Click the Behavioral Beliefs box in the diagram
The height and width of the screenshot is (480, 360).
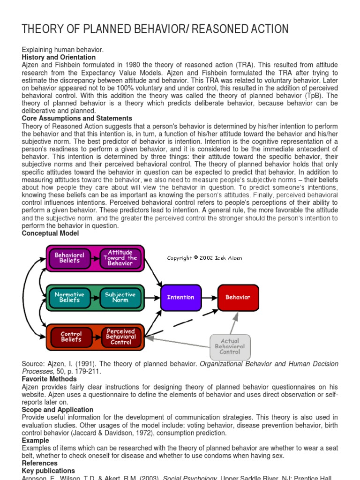(69, 258)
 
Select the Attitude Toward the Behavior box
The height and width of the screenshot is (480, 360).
(120, 258)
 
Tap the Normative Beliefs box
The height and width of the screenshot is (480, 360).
(69, 297)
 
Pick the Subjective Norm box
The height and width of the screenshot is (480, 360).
(120, 297)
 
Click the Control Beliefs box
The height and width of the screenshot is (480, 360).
(71, 337)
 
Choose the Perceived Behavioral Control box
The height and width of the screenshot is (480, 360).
(121, 337)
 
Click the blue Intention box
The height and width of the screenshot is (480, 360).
(180, 297)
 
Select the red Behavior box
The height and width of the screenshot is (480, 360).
(238, 297)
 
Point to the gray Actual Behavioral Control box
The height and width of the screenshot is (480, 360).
(230, 346)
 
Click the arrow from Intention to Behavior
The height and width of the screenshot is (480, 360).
(209, 297)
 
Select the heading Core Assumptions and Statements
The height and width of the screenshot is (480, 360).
(77, 118)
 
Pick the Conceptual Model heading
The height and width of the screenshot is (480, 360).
(50, 233)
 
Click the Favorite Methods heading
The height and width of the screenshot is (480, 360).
(49, 379)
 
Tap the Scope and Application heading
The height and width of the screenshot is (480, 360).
(58, 410)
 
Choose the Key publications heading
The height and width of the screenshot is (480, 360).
(48, 471)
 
